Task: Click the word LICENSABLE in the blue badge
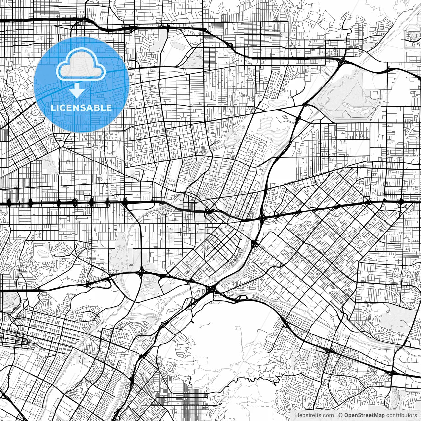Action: (81, 108)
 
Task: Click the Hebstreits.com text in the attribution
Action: (314, 415)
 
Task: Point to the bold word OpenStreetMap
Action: (364, 415)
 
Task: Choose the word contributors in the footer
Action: (401, 415)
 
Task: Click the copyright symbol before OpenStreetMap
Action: (341, 415)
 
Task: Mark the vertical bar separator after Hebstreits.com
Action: (336, 415)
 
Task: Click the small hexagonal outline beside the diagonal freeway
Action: (285, 117)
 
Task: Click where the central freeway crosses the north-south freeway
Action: (262, 218)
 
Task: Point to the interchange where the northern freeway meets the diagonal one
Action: (343, 60)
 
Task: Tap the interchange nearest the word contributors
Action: (392, 373)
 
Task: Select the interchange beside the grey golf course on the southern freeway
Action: (141, 273)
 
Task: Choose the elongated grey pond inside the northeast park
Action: (352, 106)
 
